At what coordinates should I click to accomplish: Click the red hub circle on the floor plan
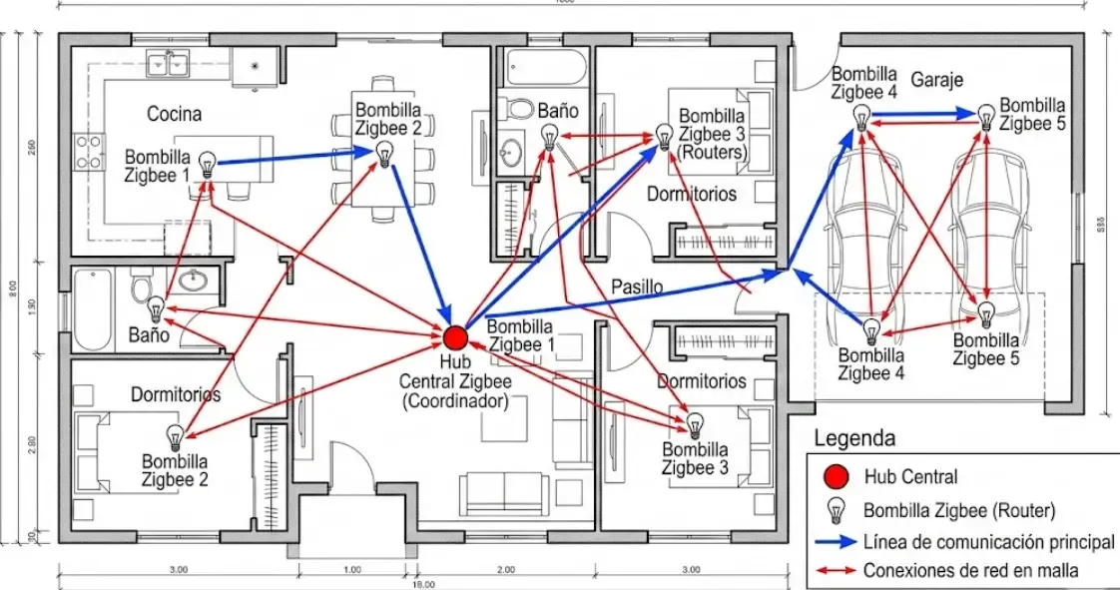coord(455,337)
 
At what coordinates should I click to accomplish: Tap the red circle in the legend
coord(837,477)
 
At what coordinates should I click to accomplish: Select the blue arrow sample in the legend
coord(834,542)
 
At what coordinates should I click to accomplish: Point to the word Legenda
coord(854,438)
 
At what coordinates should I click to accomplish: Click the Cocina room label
coord(174,114)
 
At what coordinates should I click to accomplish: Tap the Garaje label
coord(936,80)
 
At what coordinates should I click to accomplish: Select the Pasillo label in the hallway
coord(637,287)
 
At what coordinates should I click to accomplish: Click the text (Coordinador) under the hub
coord(455,401)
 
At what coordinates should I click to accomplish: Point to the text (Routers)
coord(711,152)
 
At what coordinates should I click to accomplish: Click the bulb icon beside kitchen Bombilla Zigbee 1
coord(208,164)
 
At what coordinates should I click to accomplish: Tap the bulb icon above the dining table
coord(383,153)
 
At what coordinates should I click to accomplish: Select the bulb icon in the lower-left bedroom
coord(176,436)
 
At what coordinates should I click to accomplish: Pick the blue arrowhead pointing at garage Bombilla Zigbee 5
coord(964,115)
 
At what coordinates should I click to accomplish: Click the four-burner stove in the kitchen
coord(89,152)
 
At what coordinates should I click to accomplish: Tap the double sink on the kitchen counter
coord(168,64)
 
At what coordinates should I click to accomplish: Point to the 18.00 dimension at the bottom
coord(419,583)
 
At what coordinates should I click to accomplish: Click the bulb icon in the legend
coord(837,510)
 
